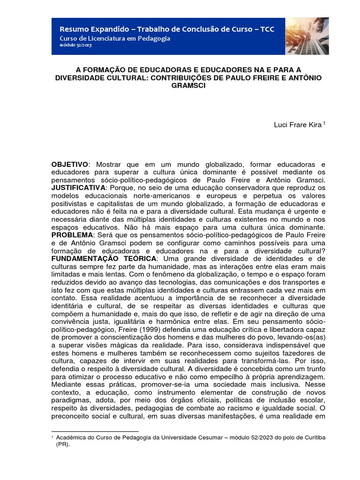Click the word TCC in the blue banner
266,30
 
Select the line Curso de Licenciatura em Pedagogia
114,38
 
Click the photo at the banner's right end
307,36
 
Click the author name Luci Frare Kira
298,125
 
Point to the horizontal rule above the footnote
95,430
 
